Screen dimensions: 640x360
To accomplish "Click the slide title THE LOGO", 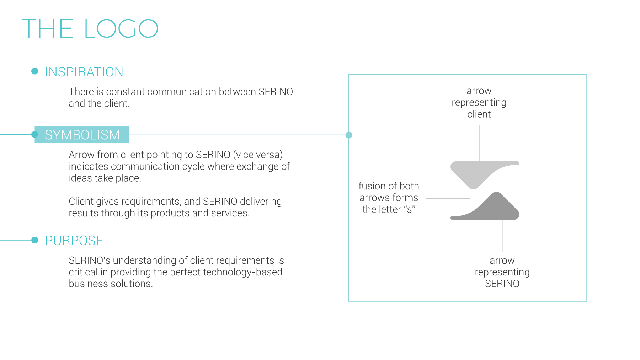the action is point(90,28).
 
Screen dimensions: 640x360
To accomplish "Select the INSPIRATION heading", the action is point(84,72).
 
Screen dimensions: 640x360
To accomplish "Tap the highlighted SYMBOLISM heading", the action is point(82,135).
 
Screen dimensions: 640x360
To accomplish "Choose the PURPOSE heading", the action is point(74,241).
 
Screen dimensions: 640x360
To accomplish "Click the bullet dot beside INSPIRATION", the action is point(34,71).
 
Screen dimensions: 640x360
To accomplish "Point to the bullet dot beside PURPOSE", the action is point(34,240).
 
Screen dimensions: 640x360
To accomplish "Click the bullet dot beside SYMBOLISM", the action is point(34,134).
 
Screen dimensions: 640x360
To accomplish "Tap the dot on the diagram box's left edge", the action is point(349,135).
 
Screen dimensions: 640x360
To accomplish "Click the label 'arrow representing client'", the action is point(479,102).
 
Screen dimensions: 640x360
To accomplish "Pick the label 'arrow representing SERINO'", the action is point(502,272).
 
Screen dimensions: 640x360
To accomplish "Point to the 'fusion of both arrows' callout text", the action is point(389,198).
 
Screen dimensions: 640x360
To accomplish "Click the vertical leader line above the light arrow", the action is point(479,143).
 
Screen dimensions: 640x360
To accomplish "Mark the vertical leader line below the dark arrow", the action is point(502,236).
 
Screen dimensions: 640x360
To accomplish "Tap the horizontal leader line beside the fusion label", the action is point(448,198).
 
